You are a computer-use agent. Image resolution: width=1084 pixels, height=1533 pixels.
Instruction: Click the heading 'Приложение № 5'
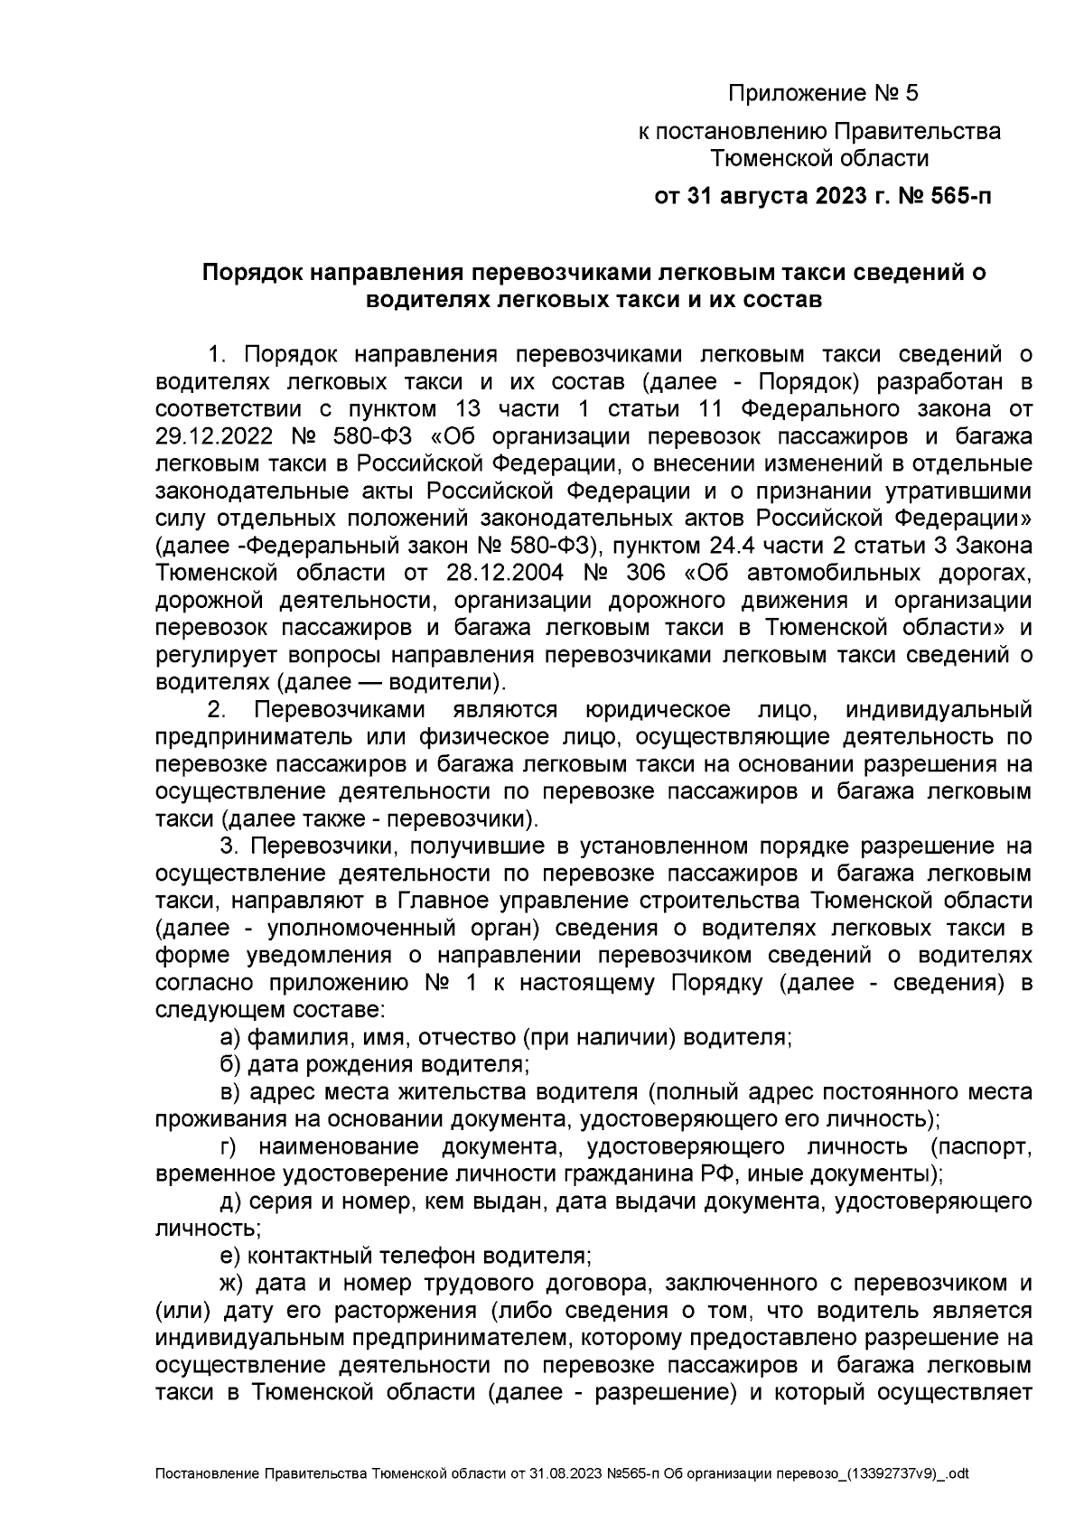tap(822, 93)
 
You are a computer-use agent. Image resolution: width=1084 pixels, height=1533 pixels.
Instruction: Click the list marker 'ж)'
tap(233, 1284)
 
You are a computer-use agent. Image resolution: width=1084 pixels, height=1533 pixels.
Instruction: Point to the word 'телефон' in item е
tap(430, 1256)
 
